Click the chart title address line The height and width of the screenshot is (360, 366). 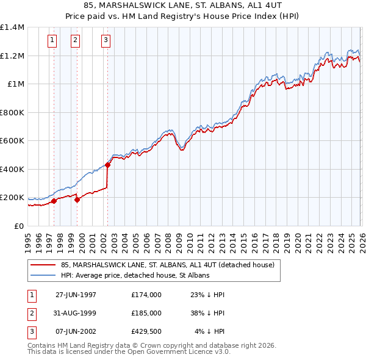(183, 7)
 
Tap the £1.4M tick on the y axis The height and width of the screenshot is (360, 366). (12, 27)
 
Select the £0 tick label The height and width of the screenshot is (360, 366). (18, 226)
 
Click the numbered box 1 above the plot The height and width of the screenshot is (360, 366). (52, 41)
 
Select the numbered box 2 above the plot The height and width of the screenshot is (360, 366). (75, 41)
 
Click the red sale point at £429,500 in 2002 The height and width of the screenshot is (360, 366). (107, 165)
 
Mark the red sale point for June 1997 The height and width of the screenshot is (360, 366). (54, 201)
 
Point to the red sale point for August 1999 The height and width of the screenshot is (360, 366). (77, 200)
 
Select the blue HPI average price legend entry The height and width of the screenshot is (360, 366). (135, 275)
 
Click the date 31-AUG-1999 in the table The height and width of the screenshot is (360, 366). (76, 312)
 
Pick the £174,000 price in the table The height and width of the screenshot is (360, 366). (146, 294)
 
